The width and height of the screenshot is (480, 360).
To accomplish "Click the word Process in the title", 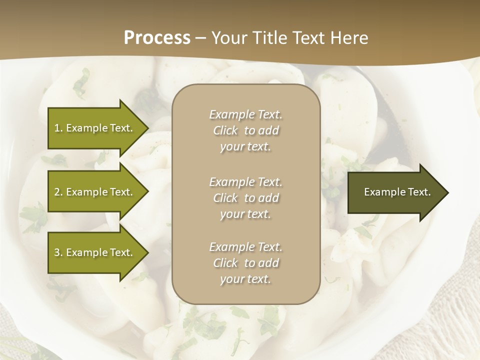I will (x=157, y=37).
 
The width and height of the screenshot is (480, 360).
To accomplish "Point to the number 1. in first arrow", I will (x=58, y=128).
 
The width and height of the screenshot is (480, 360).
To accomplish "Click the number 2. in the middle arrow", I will (x=58, y=192).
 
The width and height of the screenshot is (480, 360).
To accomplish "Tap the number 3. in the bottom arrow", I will (x=58, y=252).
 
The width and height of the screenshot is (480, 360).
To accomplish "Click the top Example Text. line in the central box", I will (x=245, y=114).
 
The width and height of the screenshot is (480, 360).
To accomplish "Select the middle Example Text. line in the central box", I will (x=245, y=182).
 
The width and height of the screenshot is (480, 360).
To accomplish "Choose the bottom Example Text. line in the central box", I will (x=245, y=247).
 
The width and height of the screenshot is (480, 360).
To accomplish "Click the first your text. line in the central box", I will (x=245, y=147).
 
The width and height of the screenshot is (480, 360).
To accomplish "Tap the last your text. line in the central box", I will (x=245, y=279).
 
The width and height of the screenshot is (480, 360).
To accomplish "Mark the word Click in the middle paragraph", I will (x=225, y=198).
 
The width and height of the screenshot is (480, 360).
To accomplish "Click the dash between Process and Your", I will (x=201, y=38).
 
